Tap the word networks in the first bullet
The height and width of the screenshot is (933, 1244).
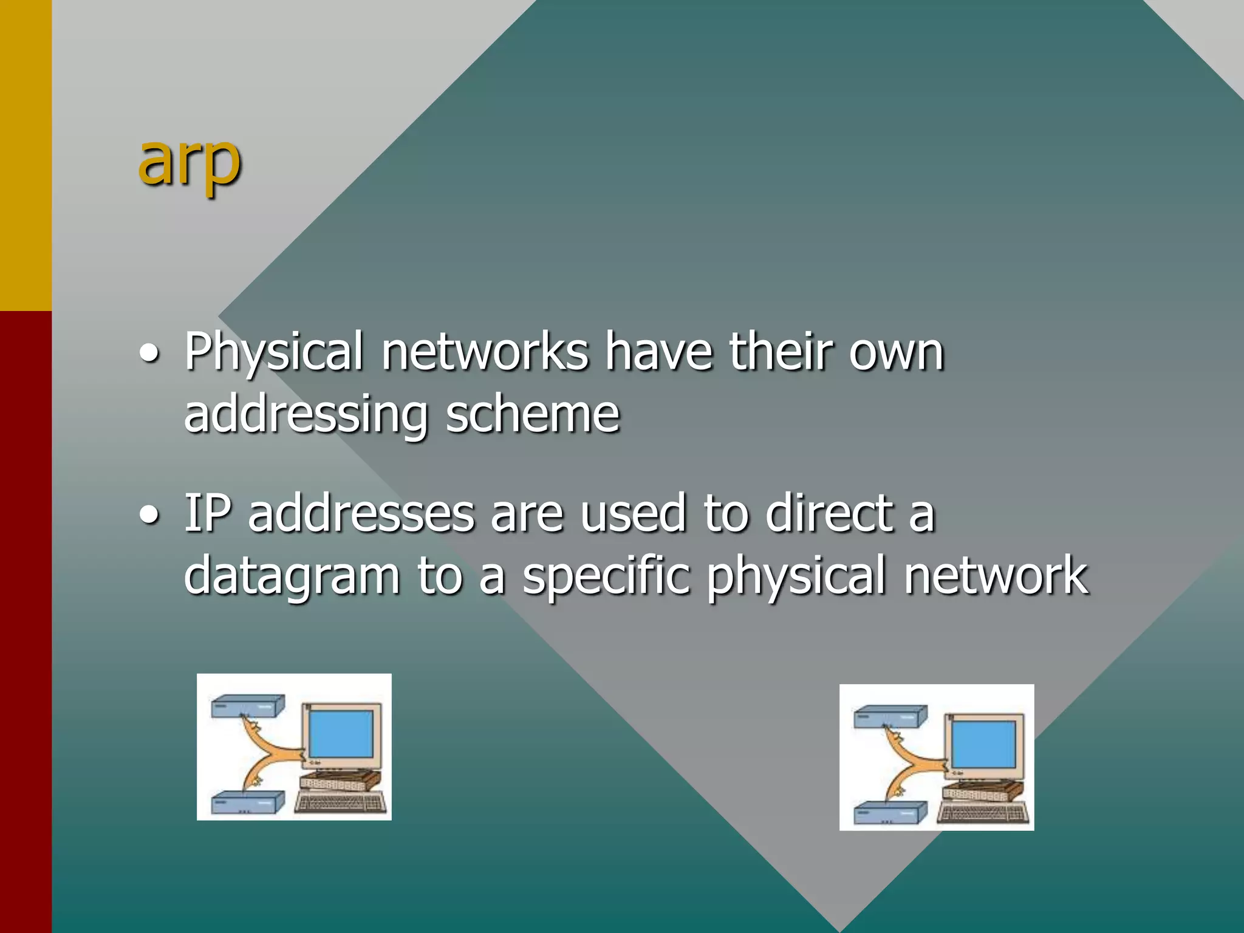point(485,352)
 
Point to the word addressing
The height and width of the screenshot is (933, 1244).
point(306,417)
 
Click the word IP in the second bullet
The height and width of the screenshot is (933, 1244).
point(208,514)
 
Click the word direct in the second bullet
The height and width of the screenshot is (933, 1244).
point(829,514)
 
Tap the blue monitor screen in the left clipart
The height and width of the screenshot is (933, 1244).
point(341,734)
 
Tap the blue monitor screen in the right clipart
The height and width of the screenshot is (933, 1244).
point(983,744)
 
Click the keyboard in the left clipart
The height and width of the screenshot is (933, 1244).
point(340,803)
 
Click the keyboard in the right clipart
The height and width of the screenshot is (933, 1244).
point(982,813)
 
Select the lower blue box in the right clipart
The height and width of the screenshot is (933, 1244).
point(890,813)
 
